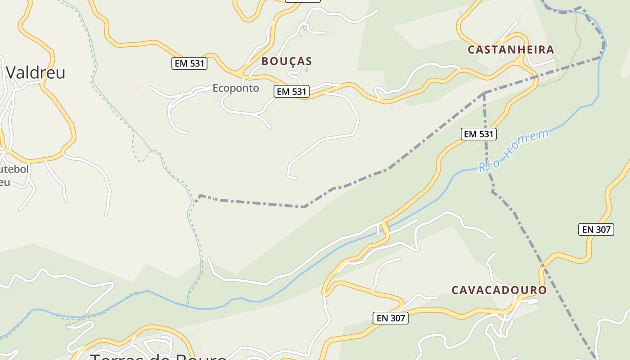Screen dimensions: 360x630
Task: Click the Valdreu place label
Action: pyautogui.click(x=36, y=72)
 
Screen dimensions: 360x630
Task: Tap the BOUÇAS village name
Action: pyautogui.click(x=287, y=61)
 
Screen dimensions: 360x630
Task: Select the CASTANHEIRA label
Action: pyautogui.click(x=511, y=49)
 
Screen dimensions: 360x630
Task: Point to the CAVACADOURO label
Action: pyautogui.click(x=499, y=290)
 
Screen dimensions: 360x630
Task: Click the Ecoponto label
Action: pyautogui.click(x=236, y=88)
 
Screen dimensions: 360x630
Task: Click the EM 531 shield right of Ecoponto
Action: pyautogui.click(x=292, y=91)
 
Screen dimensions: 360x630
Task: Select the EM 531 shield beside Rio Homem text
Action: pyautogui.click(x=479, y=134)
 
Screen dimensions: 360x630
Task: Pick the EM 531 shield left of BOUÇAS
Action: pyautogui.click(x=189, y=63)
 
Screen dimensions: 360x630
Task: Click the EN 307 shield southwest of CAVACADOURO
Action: pyautogui.click(x=391, y=318)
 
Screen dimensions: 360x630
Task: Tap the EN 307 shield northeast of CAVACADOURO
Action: pyautogui.click(x=596, y=229)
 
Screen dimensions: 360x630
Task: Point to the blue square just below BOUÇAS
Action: pyautogui.click(x=307, y=70)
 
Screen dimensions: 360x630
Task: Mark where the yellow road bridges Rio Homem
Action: pyautogui.click(x=385, y=227)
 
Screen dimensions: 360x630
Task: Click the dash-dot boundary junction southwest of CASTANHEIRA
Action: pyautogui.click(x=484, y=93)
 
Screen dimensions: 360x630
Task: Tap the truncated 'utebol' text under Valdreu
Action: pyautogui.click(x=14, y=170)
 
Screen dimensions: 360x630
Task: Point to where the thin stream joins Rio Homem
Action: pyautogui.click(x=187, y=306)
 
